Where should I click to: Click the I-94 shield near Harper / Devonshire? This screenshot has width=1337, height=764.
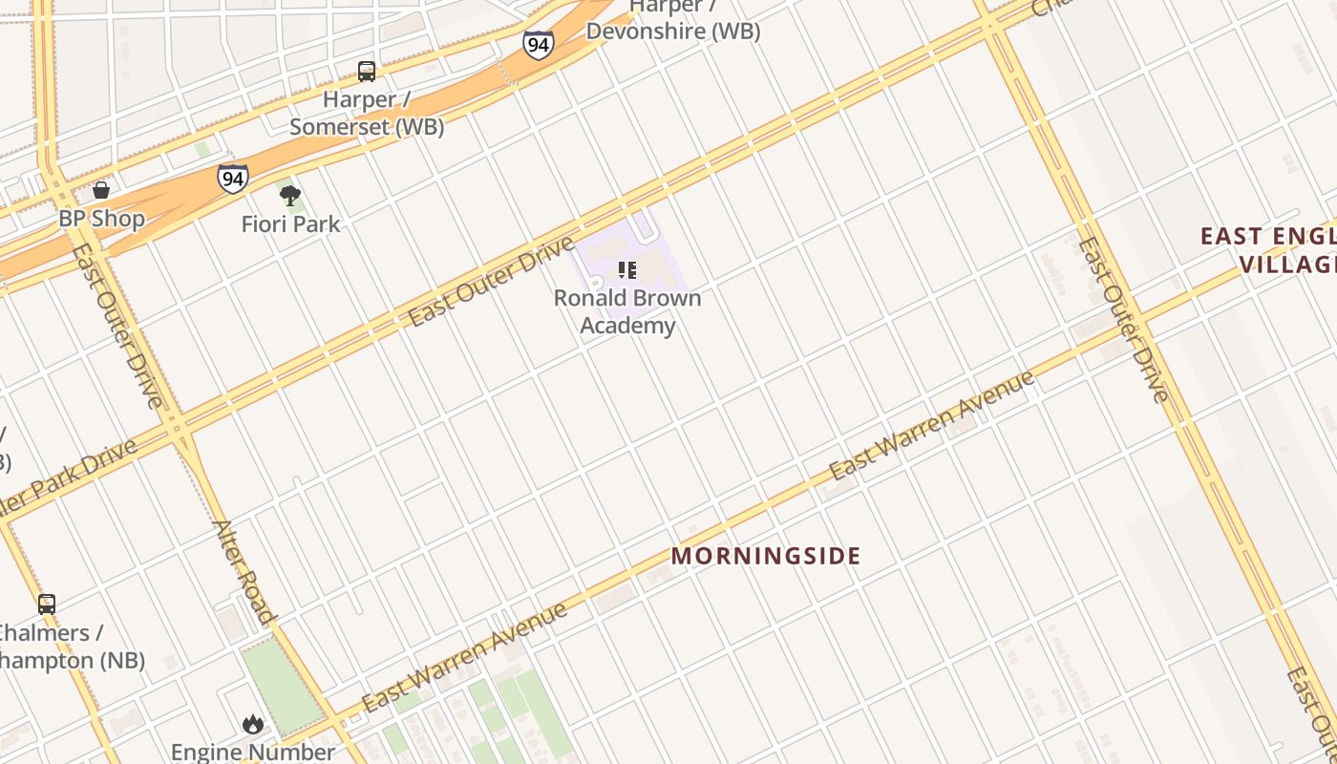coord(538,44)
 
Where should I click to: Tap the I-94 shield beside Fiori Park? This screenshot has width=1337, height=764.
coord(232,179)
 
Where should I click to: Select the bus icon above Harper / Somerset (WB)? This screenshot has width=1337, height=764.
coord(367,72)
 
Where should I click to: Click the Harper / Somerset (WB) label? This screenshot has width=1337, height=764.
coord(367,113)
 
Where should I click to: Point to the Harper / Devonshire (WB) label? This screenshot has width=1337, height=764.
coord(672,20)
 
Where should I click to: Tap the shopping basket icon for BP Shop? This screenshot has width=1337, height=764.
coord(101,190)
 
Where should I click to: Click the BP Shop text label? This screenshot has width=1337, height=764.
coord(101,219)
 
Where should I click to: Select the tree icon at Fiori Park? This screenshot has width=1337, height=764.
coord(290,196)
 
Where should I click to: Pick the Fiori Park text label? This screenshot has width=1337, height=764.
coord(290,224)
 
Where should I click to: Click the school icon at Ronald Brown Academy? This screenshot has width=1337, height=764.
coord(626,270)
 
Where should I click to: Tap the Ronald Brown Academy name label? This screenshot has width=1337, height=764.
coord(627,311)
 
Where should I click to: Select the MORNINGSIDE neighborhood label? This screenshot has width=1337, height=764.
coord(766,556)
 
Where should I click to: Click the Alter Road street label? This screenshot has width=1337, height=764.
coord(243,571)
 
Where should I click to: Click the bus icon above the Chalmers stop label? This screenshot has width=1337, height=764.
coord(46,604)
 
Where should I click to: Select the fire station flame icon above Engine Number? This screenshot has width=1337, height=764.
coord(253,724)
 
